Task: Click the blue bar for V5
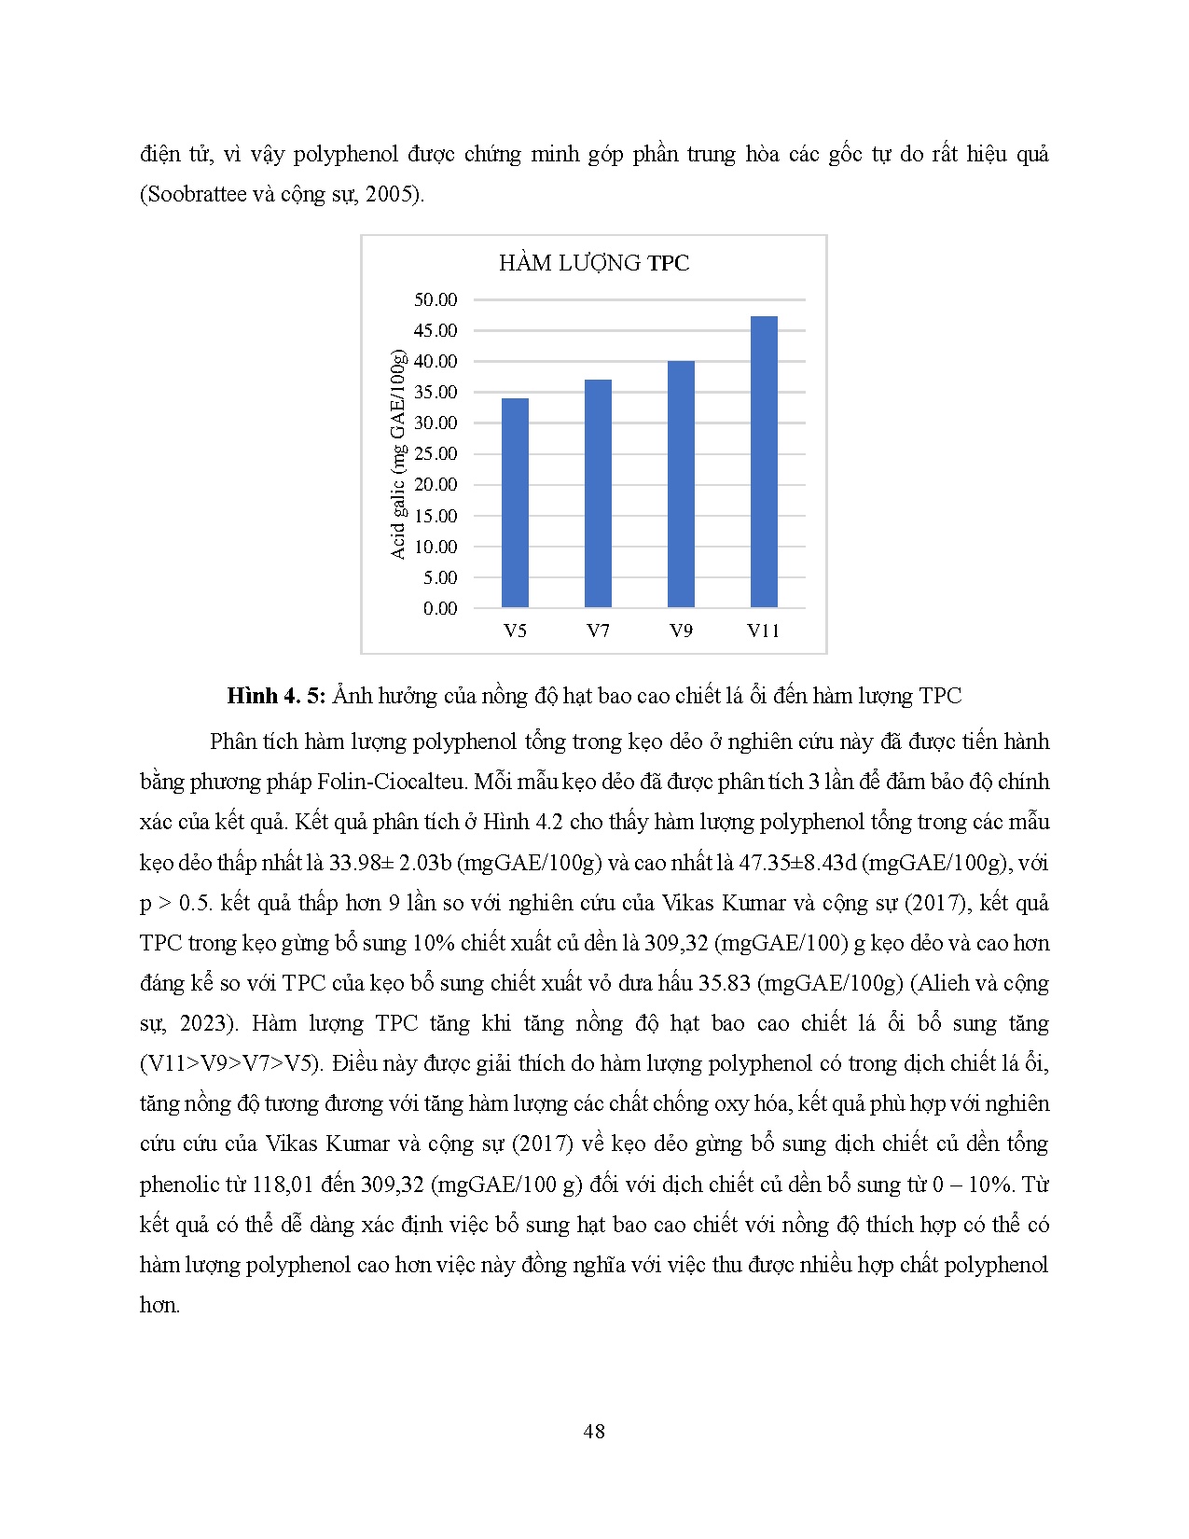[515, 503]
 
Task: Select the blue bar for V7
[598, 493]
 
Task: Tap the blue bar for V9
[681, 484]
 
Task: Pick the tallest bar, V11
[764, 462]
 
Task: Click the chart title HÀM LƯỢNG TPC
[594, 263]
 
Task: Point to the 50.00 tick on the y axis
[436, 299]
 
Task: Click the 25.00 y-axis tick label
[436, 453]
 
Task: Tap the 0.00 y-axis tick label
[440, 608]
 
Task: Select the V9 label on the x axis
[681, 631]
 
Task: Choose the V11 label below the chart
[764, 631]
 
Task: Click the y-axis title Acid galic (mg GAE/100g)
[398, 454]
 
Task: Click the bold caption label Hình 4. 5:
[276, 696]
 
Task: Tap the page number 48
[594, 1432]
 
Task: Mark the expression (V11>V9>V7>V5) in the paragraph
[229, 1063]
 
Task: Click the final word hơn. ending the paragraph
[159, 1305]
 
